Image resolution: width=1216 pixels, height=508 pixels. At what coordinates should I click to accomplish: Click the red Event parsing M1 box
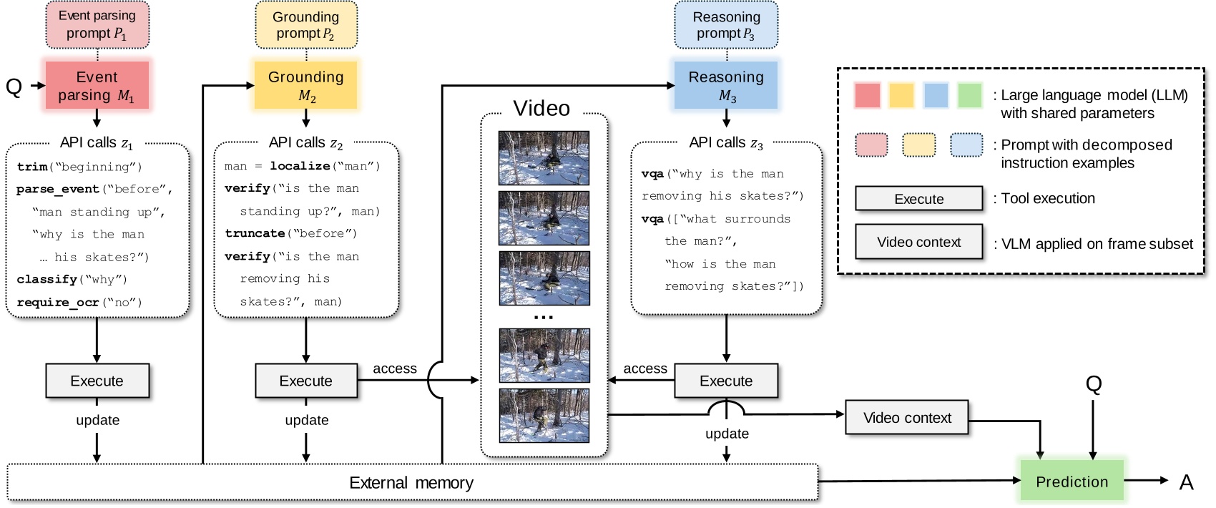97,85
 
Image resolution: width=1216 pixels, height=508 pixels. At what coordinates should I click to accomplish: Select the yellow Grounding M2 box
305,85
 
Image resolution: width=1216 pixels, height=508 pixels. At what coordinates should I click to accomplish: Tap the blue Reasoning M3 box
726,85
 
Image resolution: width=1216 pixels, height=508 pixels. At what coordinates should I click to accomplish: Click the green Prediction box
1071,482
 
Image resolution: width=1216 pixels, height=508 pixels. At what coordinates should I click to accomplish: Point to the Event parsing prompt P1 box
97,24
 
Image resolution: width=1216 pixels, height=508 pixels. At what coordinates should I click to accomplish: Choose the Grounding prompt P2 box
305,24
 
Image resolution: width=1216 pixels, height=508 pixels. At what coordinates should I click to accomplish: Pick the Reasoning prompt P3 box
726,24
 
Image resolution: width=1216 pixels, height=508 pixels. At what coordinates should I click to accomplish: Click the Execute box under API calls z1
97,381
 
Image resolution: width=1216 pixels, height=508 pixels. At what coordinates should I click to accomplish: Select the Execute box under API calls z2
305,381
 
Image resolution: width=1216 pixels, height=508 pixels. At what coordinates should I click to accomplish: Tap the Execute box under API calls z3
726,381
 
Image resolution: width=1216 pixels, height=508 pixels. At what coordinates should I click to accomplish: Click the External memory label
411,483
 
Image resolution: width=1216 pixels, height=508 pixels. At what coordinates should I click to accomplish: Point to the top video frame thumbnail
544,157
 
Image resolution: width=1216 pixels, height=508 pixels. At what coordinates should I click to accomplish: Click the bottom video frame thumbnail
544,416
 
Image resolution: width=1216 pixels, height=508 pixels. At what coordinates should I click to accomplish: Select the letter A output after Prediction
1186,482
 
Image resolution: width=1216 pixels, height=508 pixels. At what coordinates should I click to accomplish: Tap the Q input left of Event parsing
14,87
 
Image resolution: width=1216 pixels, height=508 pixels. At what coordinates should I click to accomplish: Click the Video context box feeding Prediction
906,418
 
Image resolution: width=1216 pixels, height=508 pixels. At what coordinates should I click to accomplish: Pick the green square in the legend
969,95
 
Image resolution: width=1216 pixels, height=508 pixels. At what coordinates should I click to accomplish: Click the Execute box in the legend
918,199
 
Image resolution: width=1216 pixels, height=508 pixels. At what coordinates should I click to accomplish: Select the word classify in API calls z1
46,279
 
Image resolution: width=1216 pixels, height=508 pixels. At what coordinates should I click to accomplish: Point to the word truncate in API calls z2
255,233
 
